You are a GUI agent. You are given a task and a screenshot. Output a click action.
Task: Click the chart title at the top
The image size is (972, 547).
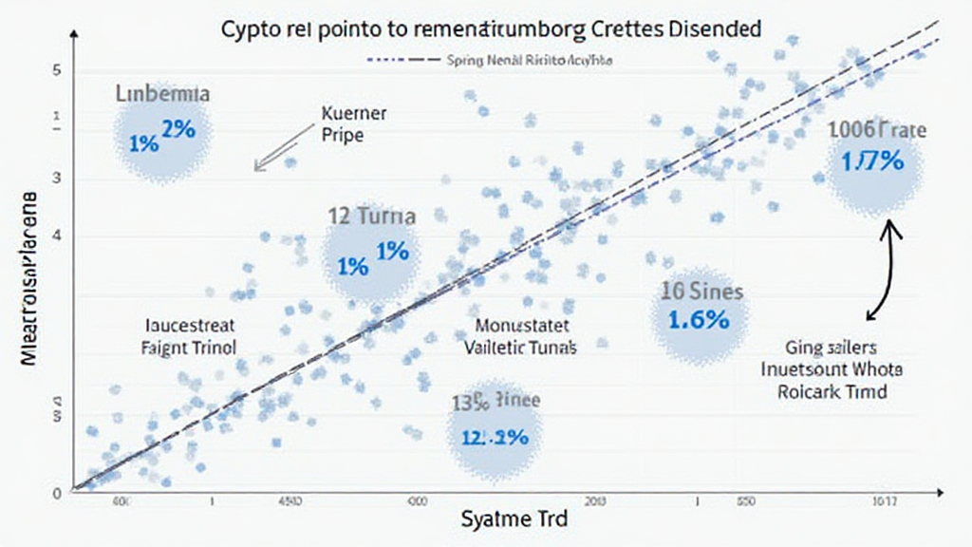(x=491, y=28)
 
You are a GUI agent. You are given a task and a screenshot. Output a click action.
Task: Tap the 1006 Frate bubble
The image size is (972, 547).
(x=875, y=160)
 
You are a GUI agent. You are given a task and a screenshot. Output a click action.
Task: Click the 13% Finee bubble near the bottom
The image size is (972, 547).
(x=495, y=432)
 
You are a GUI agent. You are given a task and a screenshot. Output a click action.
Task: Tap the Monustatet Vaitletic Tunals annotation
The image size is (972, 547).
(x=521, y=336)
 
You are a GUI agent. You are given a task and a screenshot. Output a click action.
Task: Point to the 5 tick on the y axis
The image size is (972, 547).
(x=56, y=71)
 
